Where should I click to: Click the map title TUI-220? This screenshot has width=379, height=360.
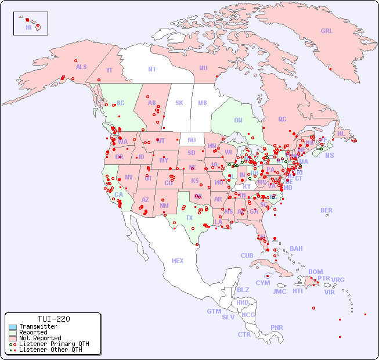click(x=53, y=319)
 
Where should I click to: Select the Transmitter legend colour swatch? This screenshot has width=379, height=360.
click(x=13, y=326)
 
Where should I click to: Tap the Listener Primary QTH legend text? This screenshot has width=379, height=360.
click(x=53, y=344)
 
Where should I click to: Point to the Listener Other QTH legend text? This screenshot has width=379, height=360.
click(x=50, y=350)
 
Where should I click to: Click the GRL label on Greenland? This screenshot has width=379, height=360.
click(x=327, y=31)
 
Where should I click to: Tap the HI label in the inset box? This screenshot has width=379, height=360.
click(x=28, y=27)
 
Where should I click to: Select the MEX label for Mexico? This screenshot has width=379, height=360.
click(x=178, y=261)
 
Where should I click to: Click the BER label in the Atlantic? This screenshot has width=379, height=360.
click(x=327, y=210)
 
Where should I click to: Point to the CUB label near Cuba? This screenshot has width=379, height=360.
click(x=247, y=255)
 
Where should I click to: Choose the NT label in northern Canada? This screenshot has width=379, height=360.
click(x=152, y=69)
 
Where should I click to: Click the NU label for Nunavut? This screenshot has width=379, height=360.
click(x=203, y=68)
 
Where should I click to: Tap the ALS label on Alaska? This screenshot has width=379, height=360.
click(x=81, y=67)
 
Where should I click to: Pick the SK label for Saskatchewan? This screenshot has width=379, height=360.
click(x=179, y=103)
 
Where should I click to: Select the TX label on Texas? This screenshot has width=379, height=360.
click(x=189, y=218)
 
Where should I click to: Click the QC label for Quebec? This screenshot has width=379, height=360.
click(x=282, y=119)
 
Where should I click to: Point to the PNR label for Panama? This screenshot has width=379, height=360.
click(x=277, y=327)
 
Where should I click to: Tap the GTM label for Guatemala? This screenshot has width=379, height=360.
click(x=214, y=311)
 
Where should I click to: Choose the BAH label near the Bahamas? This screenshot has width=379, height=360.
click(x=296, y=249)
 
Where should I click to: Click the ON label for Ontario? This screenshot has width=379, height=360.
click(x=238, y=120)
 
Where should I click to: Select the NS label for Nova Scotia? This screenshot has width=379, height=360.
click(x=329, y=155)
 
